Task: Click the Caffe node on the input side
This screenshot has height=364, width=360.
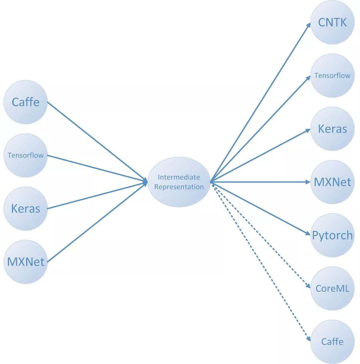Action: tap(26, 102)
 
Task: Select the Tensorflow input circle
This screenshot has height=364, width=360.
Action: tap(26, 155)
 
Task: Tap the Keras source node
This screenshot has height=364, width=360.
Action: tap(26, 208)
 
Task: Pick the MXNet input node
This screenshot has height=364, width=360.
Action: tap(26, 262)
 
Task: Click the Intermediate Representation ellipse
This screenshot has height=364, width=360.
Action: tap(179, 182)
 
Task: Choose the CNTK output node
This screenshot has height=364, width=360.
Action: tap(332, 23)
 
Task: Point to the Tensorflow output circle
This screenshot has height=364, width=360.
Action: tap(332, 76)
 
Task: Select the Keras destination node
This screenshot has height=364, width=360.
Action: tap(332, 129)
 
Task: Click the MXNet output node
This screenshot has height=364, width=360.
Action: tap(332, 182)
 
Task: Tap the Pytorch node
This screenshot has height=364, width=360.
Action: tap(332, 235)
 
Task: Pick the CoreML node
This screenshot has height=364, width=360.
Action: tap(332, 288)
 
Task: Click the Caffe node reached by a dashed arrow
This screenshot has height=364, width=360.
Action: tap(332, 341)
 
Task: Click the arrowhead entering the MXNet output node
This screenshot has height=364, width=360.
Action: tap(308, 182)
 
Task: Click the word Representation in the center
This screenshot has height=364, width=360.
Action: tap(179, 187)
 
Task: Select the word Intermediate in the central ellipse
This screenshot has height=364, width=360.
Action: tap(179, 177)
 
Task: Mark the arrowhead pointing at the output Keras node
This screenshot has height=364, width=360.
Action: tap(308, 130)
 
